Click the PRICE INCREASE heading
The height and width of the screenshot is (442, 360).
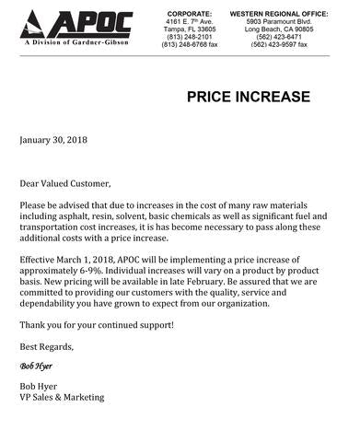(x=249, y=97)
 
